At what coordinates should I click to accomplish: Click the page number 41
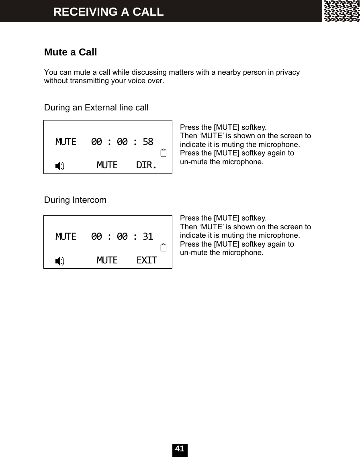click(x=180, y=449)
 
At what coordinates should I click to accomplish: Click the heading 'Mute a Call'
click(x=70, y=52)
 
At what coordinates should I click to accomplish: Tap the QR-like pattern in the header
click(x=342, y=11)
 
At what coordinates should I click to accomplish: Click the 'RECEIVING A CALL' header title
click(x=108, y=12)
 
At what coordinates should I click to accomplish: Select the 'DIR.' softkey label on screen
click(x=146, y=165)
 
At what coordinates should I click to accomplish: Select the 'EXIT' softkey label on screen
click(x=147, y=260)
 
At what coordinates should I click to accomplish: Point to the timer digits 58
click(x=148, y=142)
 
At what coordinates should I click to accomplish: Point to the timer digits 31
click(x=148, y=237)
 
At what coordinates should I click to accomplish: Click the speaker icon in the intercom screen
click(x=59, y=261)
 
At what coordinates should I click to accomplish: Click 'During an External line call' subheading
click(x=96, y=108)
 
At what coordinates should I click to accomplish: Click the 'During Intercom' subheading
click(x=75, y=200)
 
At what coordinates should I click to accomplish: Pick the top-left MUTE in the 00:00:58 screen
click(x=65, y=142)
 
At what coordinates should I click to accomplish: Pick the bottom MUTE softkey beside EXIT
click(x=107, y=260)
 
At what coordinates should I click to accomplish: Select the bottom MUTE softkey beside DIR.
click(x=107, y=165)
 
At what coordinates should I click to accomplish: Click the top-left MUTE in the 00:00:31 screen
click(x=65, y=237)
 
